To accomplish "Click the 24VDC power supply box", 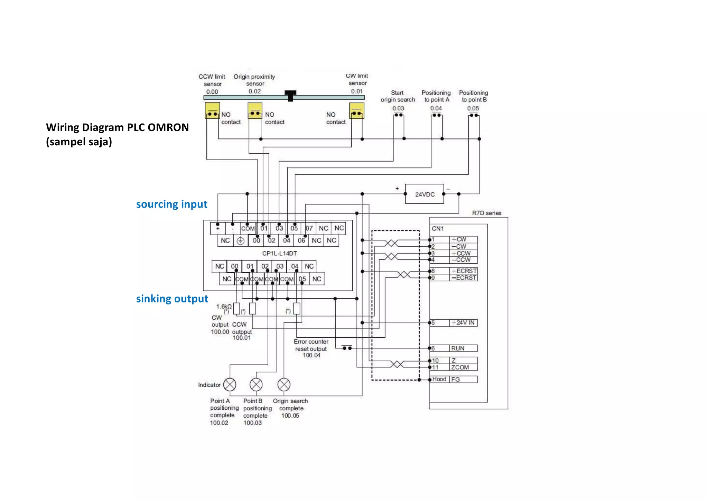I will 425,194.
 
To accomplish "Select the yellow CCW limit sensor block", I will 212,110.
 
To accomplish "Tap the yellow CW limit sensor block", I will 356,110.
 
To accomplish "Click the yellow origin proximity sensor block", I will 255,110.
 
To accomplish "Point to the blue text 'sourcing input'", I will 171,204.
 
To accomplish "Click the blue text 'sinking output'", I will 172,299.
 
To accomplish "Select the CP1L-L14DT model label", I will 279,253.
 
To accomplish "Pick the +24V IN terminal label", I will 463,322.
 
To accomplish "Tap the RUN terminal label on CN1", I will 458,348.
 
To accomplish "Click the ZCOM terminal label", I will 460,367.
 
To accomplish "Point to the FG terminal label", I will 455,379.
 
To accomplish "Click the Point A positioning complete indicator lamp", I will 230,384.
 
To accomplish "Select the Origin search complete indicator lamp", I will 284,384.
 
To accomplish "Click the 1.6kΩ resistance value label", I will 224,307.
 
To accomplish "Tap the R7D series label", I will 486,213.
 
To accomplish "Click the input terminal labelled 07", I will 309,228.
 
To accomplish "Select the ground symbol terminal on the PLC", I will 241,240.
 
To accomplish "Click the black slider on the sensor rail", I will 290,95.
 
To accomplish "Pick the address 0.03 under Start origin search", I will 398,108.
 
